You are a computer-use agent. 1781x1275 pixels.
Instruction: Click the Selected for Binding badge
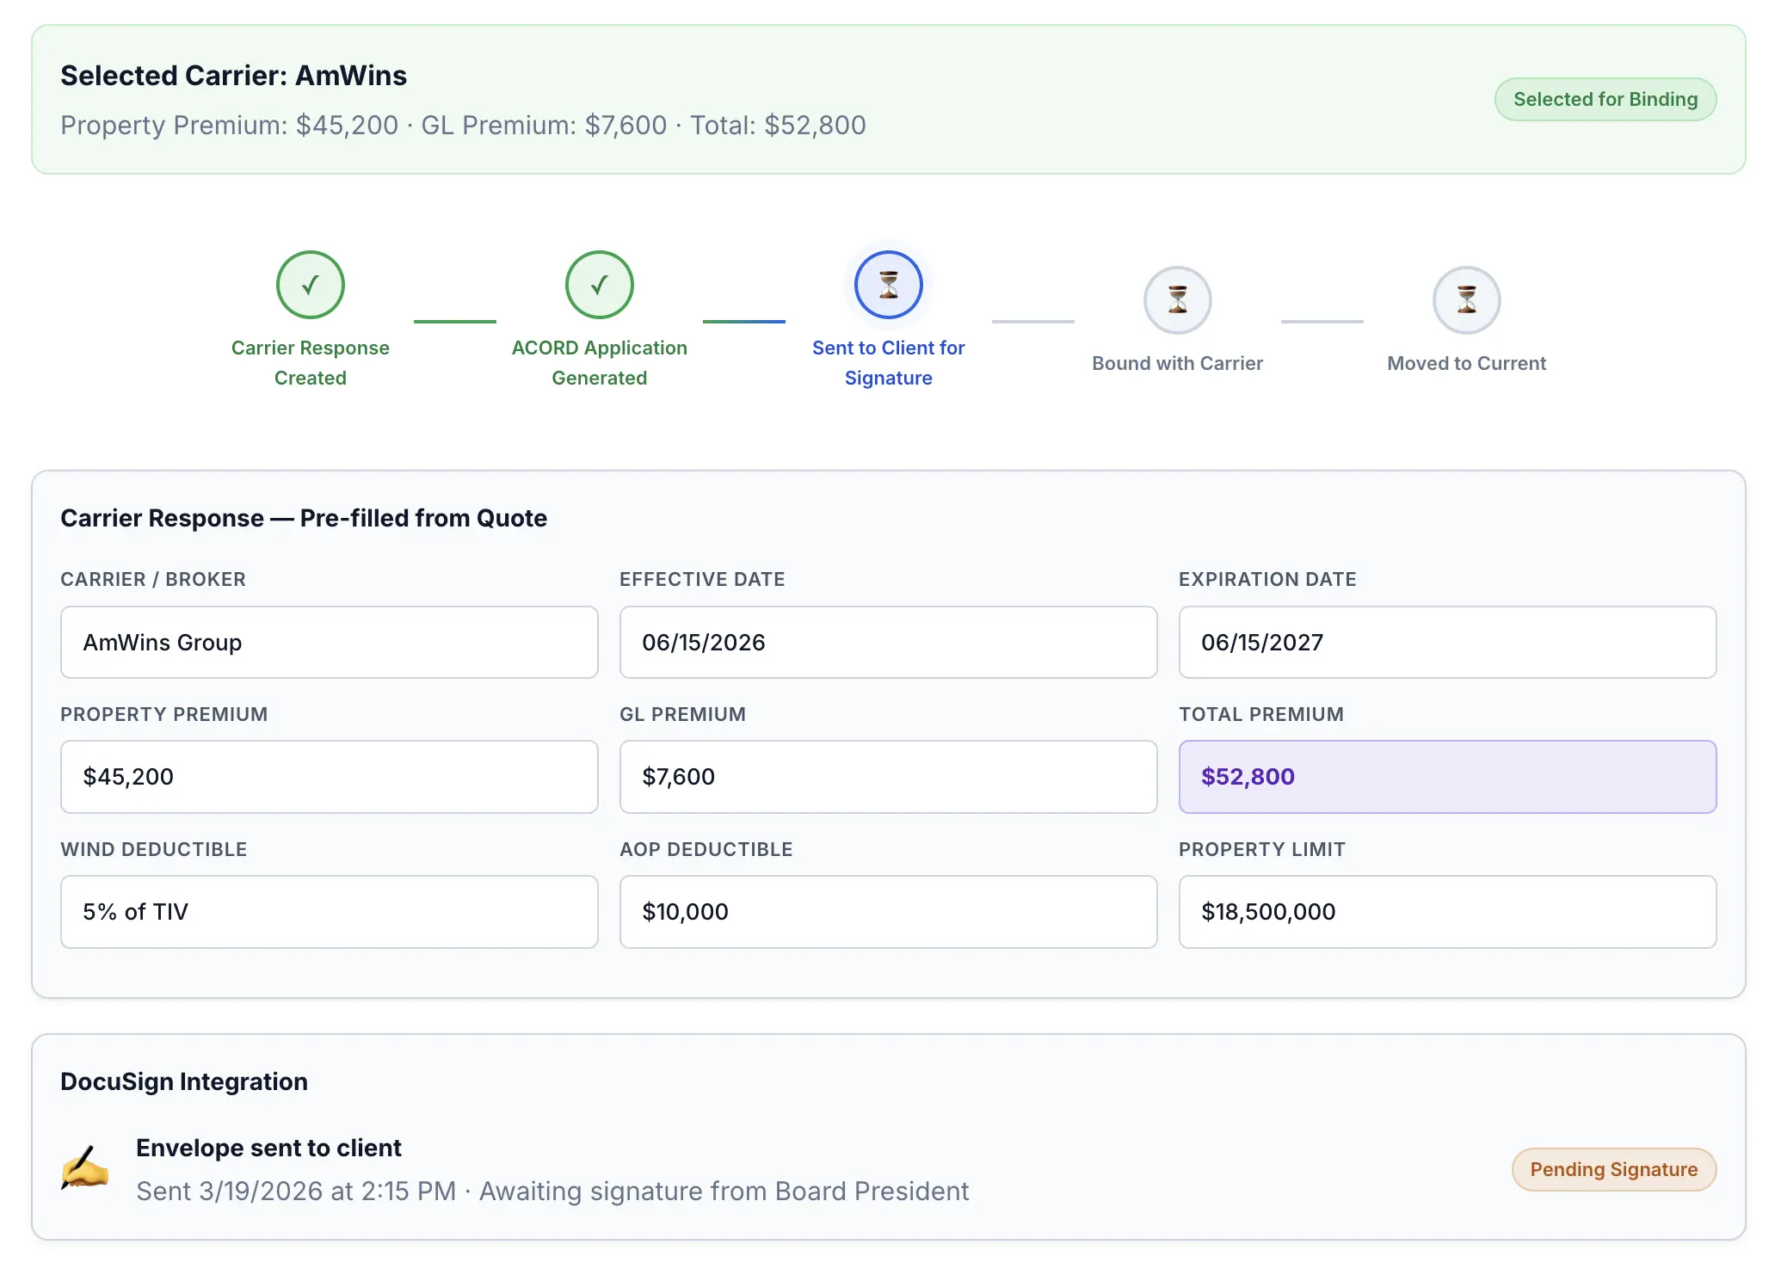pos(1605,100)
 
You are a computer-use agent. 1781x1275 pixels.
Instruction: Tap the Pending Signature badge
pos(1613,1169)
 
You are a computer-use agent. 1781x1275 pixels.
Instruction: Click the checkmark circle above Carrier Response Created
pos(310,285)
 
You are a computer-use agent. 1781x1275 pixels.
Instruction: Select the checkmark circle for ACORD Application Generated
pos(599,285)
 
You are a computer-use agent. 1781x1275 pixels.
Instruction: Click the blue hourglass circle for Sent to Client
pos(888,285)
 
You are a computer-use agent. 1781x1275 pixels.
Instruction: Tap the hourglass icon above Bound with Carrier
pos(1177,300)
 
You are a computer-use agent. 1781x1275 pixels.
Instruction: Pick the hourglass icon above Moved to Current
pos(1466,300)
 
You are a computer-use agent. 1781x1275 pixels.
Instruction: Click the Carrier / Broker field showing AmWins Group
pos(329,643)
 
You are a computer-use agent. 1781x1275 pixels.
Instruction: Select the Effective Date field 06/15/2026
pos(888,643)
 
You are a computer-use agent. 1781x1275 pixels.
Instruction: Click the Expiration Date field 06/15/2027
pos(1447,643)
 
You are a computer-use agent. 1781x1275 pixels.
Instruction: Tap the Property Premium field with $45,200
pos(329,777)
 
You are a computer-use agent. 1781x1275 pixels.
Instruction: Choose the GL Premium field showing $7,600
pos(888,777)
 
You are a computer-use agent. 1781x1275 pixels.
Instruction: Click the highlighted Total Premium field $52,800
pos(1447,777)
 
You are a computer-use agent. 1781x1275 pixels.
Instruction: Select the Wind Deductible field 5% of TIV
pos(329,912)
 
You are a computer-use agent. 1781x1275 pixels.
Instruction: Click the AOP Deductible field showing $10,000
pos(888,912)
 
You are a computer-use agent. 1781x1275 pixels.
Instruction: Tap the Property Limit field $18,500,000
pos(1447,912)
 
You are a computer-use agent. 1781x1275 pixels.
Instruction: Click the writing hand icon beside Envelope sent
pos(84,1168)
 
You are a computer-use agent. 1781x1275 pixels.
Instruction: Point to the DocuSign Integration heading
pos(184,1081)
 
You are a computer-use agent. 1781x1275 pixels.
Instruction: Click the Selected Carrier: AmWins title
pos(233,76)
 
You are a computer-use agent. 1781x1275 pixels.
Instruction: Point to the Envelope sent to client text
pos(268,1148)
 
